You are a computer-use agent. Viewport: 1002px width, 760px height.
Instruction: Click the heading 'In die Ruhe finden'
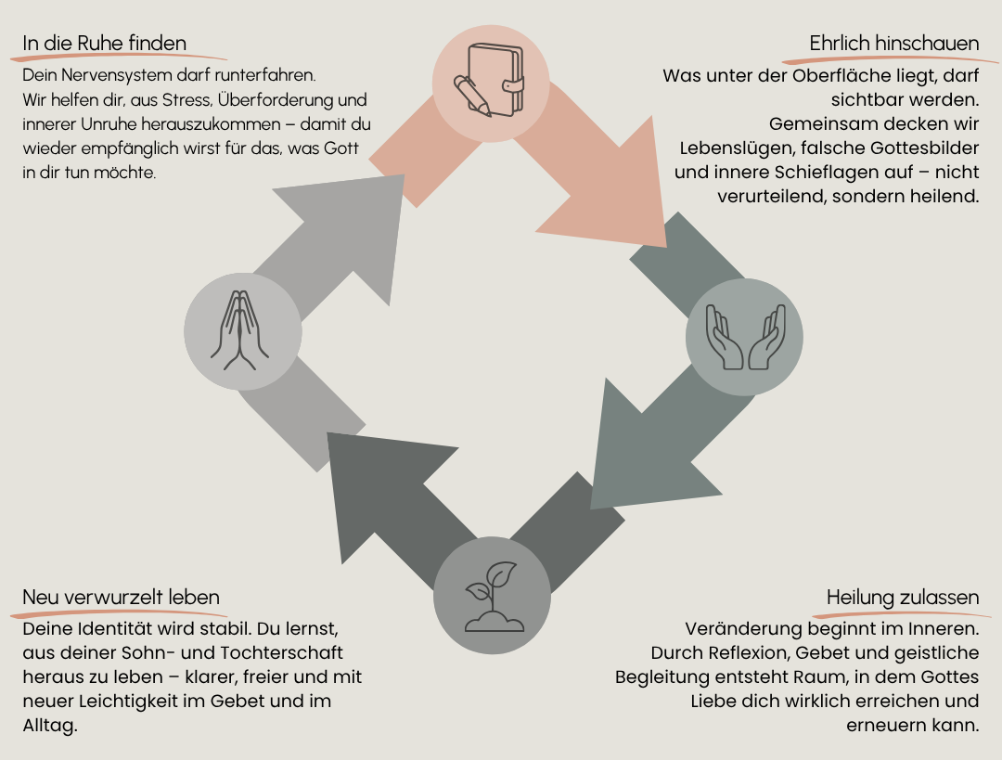pyautogui.click(x=104, y=43)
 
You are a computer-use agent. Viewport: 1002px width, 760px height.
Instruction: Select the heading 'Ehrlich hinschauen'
pyautogui.click(x=894, y=43)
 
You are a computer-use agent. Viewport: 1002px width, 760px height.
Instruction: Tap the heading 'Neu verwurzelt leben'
pyautogui.click(x=121, y=597)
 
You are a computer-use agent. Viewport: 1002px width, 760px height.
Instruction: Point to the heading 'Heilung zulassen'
pyautogui.click(x=903, y=597)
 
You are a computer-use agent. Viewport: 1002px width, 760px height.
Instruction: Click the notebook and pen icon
pyautogui.click(x=489, y=81)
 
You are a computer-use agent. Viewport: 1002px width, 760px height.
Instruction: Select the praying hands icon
pyautogui.click(x=240, y=330)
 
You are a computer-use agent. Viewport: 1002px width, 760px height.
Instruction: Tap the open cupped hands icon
pyautogui.click(x=745, y=337)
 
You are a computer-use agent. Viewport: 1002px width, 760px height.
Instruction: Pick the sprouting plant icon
pyautogui.click(x=493, y=597)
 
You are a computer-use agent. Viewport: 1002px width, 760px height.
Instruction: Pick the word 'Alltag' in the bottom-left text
pyautogui.click(x=48, y=726)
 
